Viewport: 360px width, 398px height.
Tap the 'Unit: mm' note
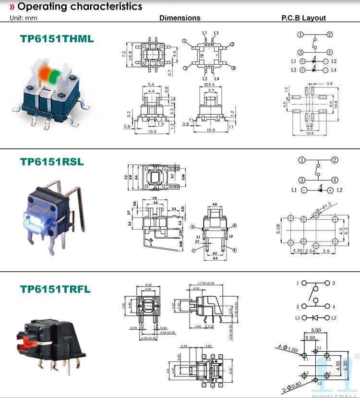[x=23, y=18]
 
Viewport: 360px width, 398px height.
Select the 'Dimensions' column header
[x=180, y=18]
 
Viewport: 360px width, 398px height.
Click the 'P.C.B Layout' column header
[x=303, y=18]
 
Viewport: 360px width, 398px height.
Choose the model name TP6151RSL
[x=52, y=162]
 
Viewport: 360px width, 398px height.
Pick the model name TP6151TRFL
[x=55, y=289]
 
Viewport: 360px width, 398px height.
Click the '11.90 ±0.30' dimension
[x=205, y=283]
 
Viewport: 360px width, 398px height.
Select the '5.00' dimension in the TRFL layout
[x=316, y=330]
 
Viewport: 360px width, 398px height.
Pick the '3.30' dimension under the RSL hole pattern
[x=298, y=251]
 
